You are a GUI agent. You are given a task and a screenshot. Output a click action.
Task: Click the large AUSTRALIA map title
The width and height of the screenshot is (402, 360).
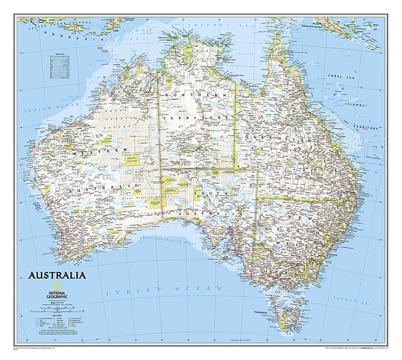[56, 276]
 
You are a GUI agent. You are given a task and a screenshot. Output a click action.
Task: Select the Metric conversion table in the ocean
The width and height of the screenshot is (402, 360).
[59, 63]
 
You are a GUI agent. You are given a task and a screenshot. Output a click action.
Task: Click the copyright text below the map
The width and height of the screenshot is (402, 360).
[40, 349]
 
